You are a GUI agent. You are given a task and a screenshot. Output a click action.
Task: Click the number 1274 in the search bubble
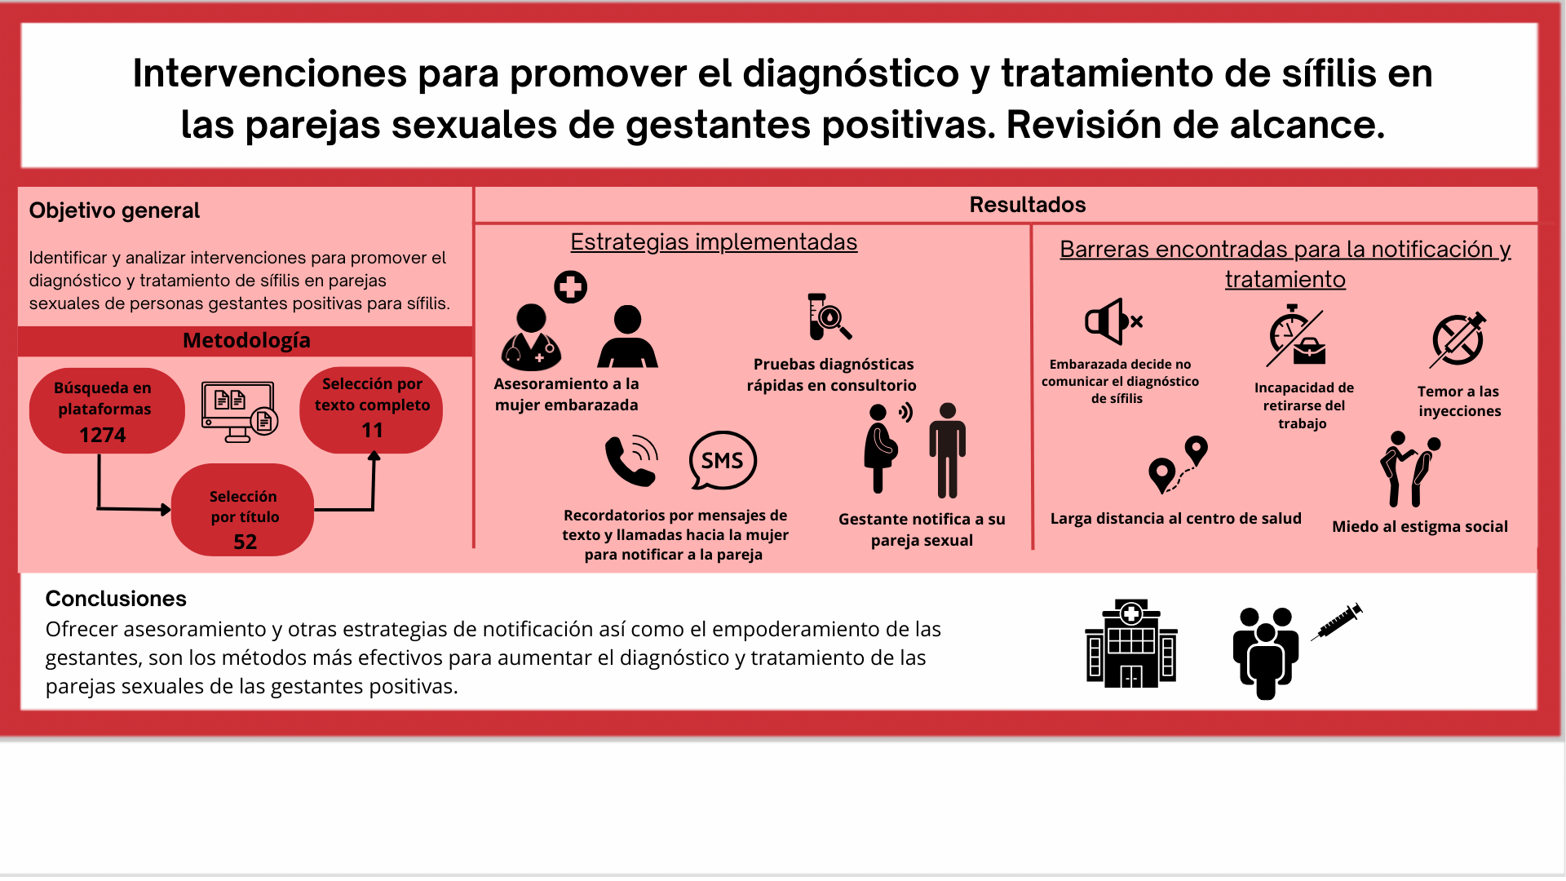pyautogui.click(x=103, y=435)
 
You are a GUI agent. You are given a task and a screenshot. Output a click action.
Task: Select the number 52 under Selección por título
pyautogui.click(x=245, y=542)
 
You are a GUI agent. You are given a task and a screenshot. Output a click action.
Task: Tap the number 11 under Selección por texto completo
pyautogui.click(x=372, y=430)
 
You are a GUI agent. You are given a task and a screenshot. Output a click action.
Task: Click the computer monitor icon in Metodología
pyautogui.click(x=239, y=412)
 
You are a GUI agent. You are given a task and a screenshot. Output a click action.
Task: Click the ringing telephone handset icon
pyautogui.click(x=631, y=460)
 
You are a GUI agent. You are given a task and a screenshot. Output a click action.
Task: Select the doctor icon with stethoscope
pyautogui.click(x=531, y=337)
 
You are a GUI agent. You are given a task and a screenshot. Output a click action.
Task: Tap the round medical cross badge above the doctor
pyautogui.click(x=571, y=287)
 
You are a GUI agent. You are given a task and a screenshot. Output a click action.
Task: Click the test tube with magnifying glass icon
pyautogui.click(x=829, y=317)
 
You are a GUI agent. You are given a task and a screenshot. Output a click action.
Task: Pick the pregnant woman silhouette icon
pyautogui.click(x=881, y=448)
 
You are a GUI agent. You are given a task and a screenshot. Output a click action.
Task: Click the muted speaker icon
pyautogui.click(x=1113, y=321)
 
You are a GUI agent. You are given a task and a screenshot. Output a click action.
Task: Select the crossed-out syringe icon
pyautogui.click(x=1458, y=339)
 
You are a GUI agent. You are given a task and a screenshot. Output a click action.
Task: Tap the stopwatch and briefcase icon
pyautogui.click(x=1296, y=336)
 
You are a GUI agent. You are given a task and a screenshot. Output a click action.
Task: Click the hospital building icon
pyautogui.click(x=1131, y=644)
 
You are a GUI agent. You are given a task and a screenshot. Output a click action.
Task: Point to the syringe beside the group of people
pyautogui.click(x=1337, y=622)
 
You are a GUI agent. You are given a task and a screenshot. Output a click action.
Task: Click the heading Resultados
pyautogui.click(x=1028, y=205)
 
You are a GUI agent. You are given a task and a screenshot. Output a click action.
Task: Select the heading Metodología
pyautogui.click(x=246, y=340)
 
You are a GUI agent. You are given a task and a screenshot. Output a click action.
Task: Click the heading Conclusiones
pyautogui.click(x=116, y=599)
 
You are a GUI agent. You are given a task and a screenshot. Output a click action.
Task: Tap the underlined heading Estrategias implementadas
pyautogui.click(x=714, y=242)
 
